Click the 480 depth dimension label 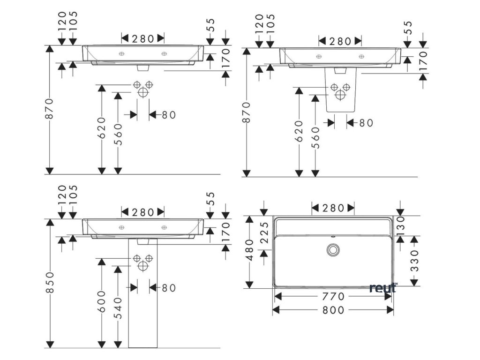250,250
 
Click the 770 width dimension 333,297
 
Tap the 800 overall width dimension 333,310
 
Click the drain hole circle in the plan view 333,249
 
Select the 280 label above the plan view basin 333,208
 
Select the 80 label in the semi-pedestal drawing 366,123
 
